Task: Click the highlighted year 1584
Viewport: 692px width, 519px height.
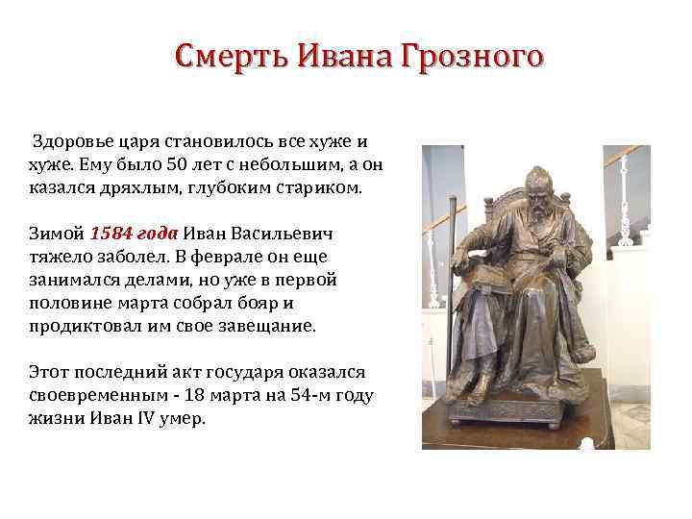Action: coord(110,234)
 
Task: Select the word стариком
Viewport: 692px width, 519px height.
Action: coord(324,187)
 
